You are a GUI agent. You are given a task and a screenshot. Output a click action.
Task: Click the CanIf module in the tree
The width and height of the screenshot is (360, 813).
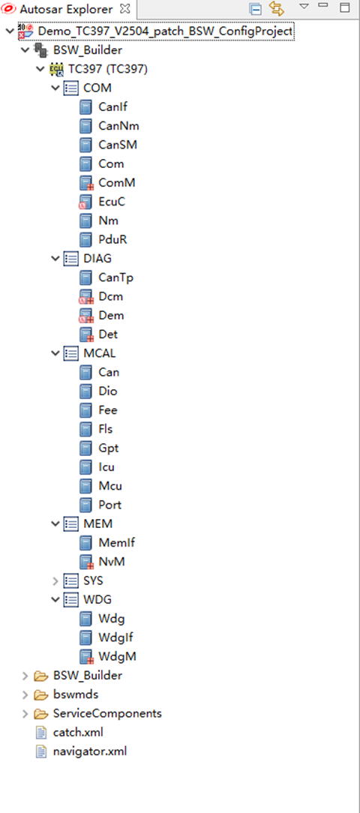[113, 107]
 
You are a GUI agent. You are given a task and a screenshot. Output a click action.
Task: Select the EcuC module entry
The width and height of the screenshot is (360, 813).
[112, 202]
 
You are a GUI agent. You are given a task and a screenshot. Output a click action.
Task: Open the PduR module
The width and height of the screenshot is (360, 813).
[112, 239]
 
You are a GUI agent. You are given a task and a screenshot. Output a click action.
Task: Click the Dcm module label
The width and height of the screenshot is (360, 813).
[111, 296]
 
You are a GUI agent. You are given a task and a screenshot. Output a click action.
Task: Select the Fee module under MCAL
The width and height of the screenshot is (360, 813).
[108, 410]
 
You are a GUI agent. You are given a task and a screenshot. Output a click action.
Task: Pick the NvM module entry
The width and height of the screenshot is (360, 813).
[112, 562]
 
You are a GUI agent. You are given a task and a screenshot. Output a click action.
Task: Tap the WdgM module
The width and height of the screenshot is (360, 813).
[117, 656]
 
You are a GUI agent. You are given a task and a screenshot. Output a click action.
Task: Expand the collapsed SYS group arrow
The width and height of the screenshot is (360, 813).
[56, 580]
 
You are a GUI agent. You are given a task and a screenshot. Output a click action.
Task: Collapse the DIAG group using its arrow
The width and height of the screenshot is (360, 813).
[56, 259]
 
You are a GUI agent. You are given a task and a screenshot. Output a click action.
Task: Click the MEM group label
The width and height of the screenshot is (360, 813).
[97, 523]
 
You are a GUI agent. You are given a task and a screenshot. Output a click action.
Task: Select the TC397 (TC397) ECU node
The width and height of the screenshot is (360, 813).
[108, 70]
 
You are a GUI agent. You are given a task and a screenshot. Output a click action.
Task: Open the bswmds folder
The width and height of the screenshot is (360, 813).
[76, 694]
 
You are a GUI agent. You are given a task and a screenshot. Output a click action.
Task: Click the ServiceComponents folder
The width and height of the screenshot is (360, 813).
[107, 713]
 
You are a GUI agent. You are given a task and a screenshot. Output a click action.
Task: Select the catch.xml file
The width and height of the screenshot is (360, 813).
[78, 733]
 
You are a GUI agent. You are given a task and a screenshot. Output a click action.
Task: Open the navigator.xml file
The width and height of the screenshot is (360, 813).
[90, 751]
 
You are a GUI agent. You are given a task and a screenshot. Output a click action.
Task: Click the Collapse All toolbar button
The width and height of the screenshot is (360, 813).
[255, 8]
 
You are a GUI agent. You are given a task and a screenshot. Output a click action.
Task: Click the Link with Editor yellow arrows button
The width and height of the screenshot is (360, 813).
[277, 8]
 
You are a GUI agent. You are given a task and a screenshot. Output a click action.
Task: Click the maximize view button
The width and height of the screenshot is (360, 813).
[344, 7]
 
